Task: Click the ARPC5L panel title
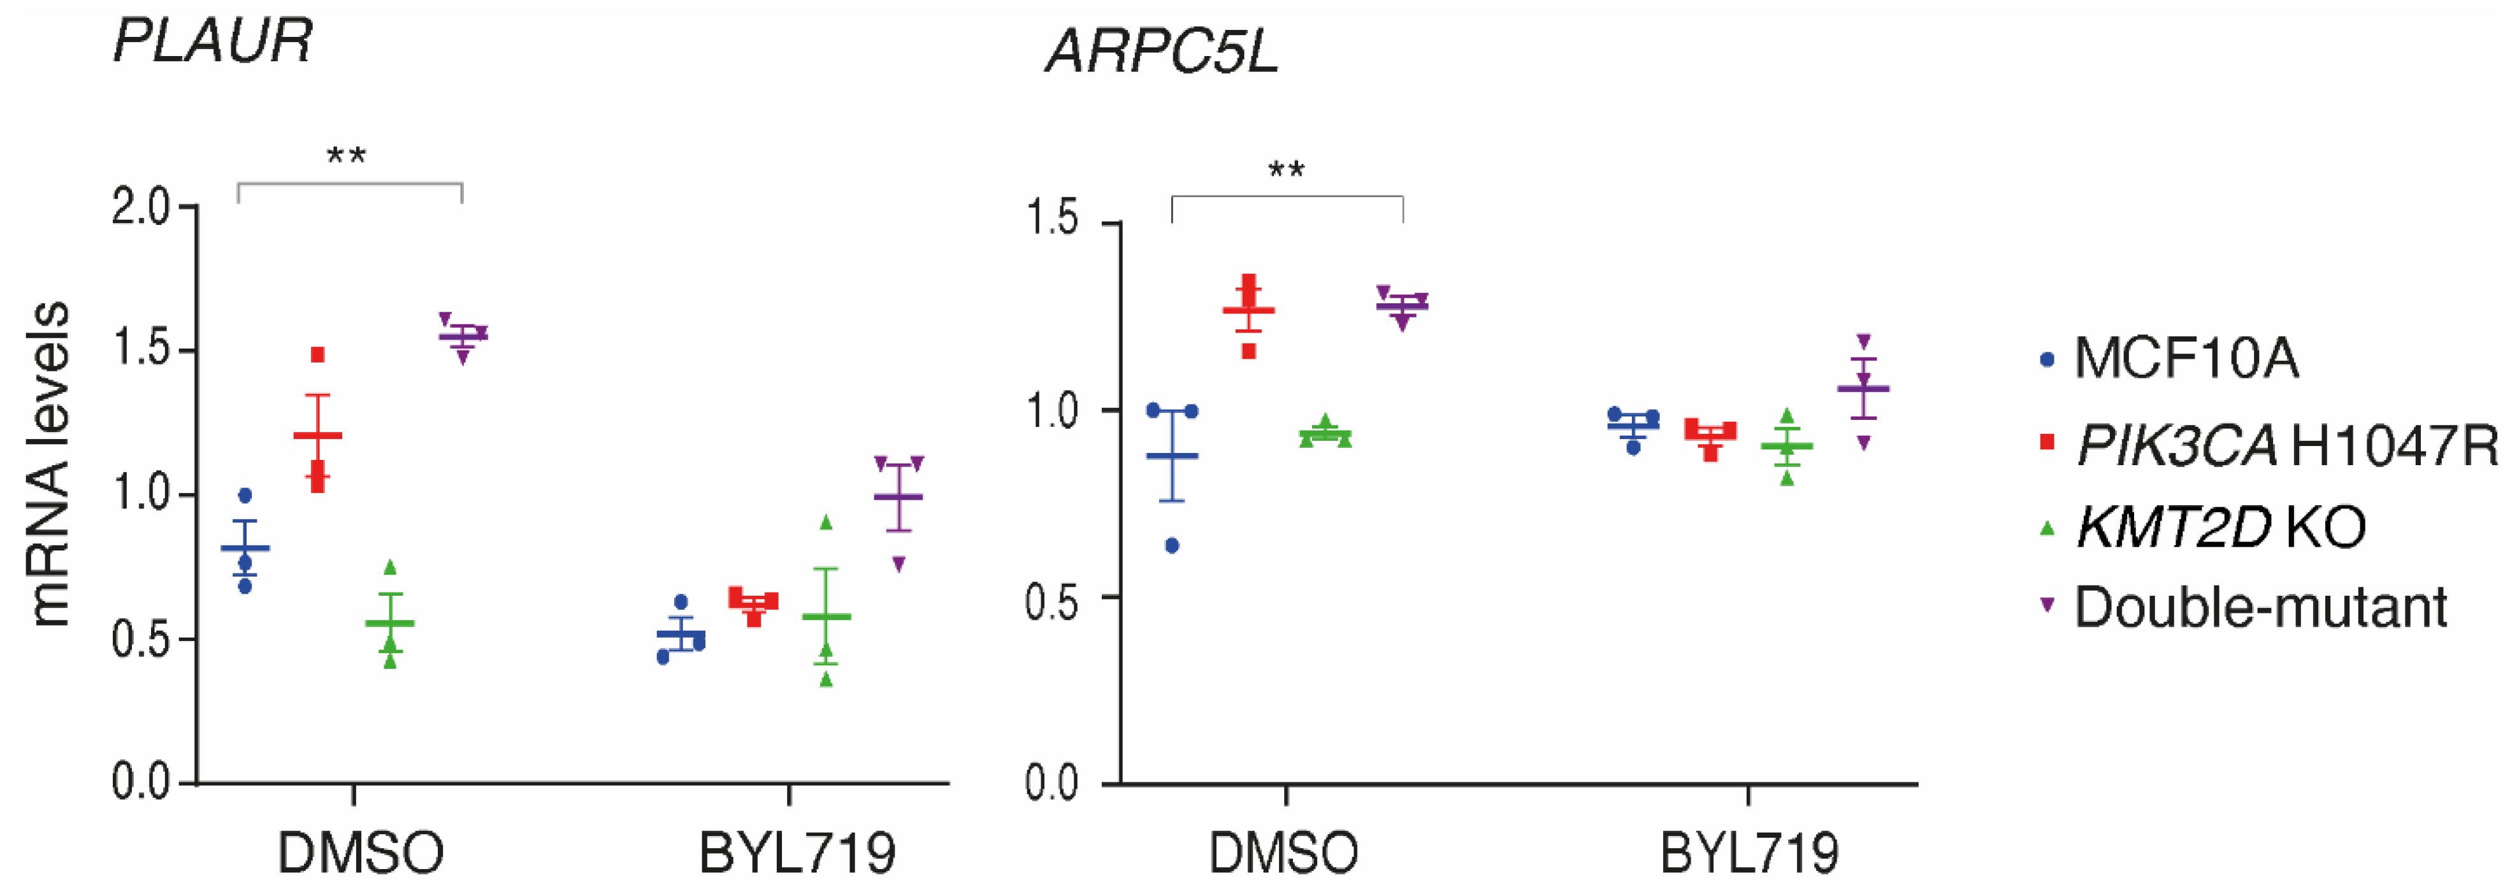[x=1162, y=51]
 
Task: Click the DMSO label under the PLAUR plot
[x=360, y=853]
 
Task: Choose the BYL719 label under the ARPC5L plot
[x=1749, y=853]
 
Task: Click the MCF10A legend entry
[x=2184, y=358]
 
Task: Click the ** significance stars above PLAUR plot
[x=346, y=156]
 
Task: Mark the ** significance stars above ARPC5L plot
[x=1286, y=171]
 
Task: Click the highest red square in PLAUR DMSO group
[x=317, y=355]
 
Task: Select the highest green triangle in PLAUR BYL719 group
[x=826, y=522]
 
